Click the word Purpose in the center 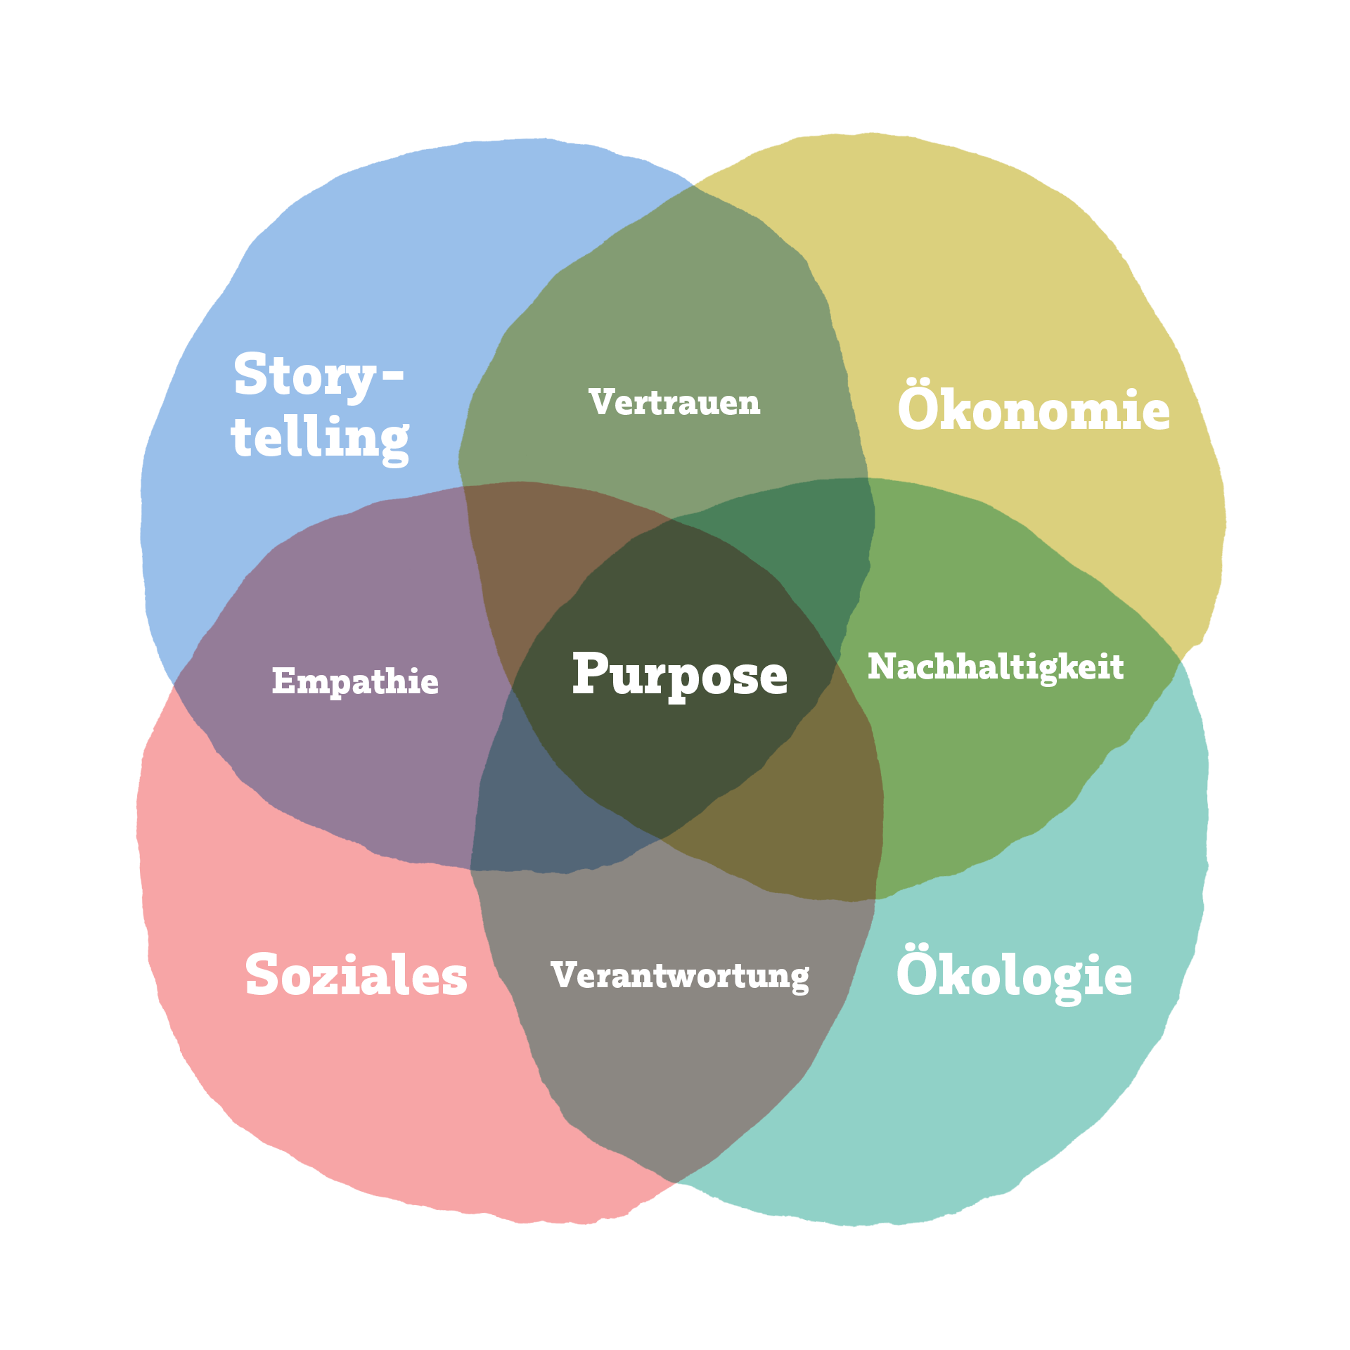[x=679, y=675]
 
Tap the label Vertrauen [x=675, y=403]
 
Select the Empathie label [x=355, y=681]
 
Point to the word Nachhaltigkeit [x=996, y=667]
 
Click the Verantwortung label [x=680, y=976]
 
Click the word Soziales [x=356, y=975]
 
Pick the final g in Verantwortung [x=798, y=979]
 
